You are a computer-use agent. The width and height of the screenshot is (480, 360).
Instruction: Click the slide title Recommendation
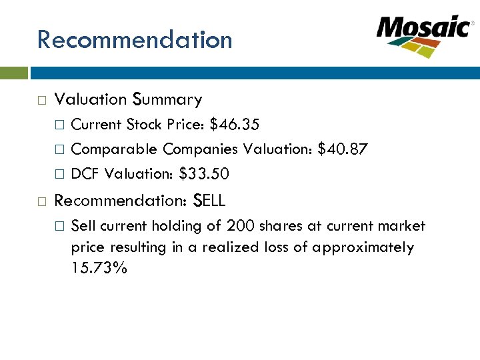coord(135,39)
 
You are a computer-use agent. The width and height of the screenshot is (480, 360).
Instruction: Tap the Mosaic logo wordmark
coord(423,28)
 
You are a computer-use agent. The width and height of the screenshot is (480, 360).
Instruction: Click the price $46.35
coord(235,124)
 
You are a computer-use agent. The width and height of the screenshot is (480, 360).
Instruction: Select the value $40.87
coord(342,149)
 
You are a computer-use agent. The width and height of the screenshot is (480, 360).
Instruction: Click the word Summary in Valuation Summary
coord(167,99)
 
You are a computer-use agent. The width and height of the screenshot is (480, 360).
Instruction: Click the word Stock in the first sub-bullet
coord(143,124)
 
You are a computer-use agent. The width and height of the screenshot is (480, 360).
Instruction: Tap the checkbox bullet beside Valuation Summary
coord(41,100)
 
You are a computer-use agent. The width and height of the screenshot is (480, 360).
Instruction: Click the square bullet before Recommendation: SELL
coord(41,200)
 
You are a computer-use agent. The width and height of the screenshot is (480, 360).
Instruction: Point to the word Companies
coord(201,149)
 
